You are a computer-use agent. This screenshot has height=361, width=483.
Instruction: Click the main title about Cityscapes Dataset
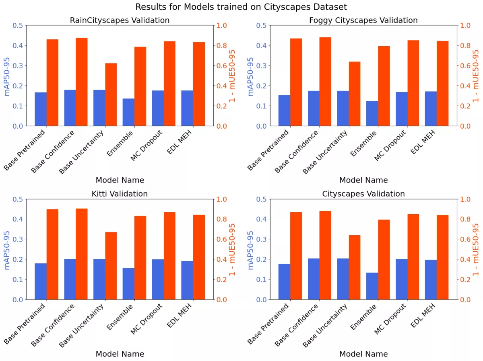[x=241, y=7]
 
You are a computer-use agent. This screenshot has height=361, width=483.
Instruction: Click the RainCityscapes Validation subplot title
[x=120, y=20]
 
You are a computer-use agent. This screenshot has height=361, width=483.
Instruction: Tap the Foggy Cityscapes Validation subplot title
[x=363, y=20]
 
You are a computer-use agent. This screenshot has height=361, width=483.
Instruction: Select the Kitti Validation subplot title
[x=120, y=194]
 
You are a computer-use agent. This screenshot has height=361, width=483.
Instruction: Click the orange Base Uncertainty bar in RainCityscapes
[x=111, y=94]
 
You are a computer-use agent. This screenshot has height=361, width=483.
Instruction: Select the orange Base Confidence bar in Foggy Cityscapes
[x=325, y=82]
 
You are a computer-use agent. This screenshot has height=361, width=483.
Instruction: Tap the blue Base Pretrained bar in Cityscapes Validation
[x=284, y=281]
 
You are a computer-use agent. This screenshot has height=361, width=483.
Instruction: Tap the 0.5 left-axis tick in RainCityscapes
[x=18, y=25]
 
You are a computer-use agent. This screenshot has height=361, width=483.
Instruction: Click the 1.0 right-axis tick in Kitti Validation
[x=223, y=199]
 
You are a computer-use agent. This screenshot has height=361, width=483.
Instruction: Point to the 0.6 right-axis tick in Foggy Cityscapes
[x=466, y=66]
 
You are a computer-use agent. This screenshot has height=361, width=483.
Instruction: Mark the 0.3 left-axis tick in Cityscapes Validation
[x=261, y=239]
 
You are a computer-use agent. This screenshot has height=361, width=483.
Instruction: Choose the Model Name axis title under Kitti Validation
[x=120, y=354]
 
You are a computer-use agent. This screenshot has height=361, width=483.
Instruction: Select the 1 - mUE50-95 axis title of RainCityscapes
[x=232, y=76]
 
